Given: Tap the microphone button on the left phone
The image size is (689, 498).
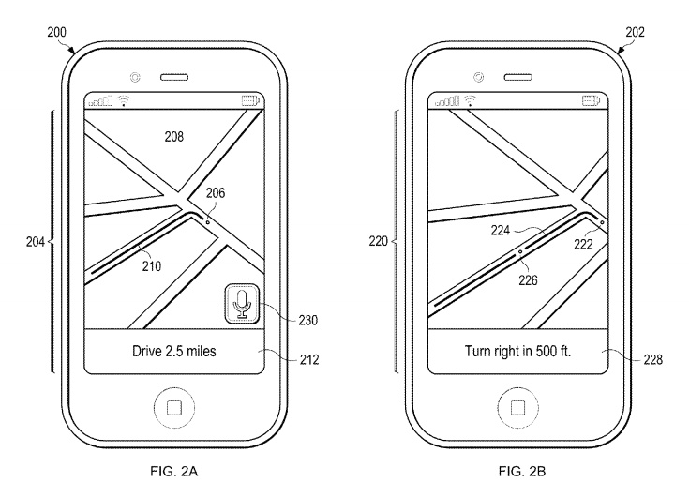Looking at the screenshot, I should [243, 304].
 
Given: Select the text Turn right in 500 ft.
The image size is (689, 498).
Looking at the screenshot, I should [517, 353].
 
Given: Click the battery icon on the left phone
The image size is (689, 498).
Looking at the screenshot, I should [251, 101].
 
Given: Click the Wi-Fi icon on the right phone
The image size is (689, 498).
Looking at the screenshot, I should [471, 101].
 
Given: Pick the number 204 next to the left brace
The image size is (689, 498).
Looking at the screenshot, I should [36, 240].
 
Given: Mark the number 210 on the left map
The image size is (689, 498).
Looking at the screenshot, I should [151, 266].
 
